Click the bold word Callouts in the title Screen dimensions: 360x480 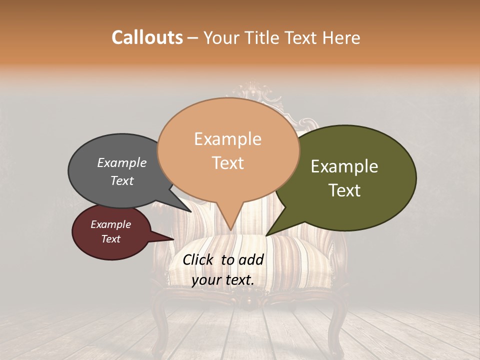147,37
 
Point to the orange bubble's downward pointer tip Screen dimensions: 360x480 230,230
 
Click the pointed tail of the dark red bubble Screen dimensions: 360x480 172,239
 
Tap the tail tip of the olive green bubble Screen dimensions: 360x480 266,235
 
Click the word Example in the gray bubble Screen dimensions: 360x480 121,162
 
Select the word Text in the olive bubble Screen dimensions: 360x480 344,190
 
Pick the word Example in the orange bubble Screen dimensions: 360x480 227,139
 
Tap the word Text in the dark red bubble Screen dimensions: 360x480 111,239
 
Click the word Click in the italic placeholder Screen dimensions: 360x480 199,259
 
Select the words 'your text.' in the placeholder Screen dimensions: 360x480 222,280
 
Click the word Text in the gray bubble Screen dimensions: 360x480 122,180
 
